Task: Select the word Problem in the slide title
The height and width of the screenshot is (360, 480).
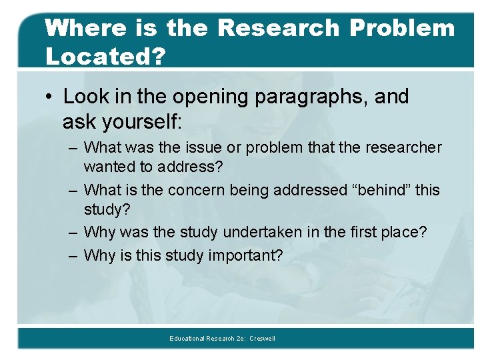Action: point(402,28)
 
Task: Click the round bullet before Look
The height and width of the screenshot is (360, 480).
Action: point(51,97)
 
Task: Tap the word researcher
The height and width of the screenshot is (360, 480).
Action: point(405,147)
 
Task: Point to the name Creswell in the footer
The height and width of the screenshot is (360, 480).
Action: point(262,339)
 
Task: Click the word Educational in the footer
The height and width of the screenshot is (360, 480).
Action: point(188,339)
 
